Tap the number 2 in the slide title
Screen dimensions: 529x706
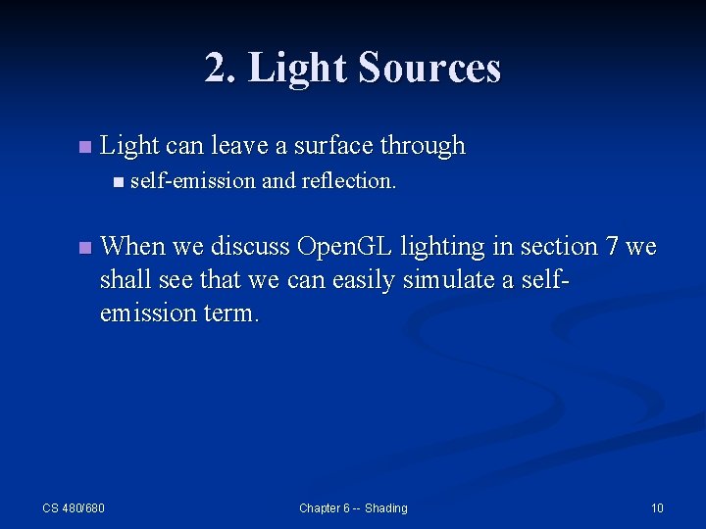(x=215, y=69)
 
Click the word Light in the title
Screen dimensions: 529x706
(x=298, y=69)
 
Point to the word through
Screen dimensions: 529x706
(x=423, y=146)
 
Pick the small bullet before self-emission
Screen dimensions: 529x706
(x=119, y=181)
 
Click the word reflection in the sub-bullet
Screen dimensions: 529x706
(x=349, y=180)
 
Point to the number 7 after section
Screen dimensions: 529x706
(x=613, y=247)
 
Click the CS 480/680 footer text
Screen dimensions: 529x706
(x=74, y=507)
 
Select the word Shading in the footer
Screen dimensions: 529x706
(x=385, y=507)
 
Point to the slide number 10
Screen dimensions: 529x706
(x=657, y=507)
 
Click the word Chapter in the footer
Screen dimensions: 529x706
(x=322, y=507)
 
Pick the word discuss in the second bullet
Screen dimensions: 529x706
(x=249, y=247)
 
